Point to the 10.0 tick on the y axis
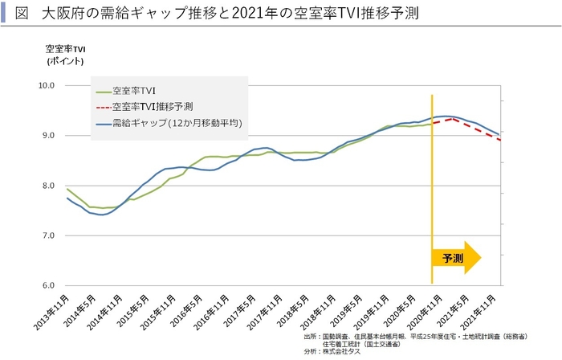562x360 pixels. point(46,85)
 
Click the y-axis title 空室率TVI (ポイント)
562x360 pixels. point(66,55)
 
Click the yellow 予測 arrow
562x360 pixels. point(455,258)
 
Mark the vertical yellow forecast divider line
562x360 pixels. point(433,185)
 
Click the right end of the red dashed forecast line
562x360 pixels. point(501,140)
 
